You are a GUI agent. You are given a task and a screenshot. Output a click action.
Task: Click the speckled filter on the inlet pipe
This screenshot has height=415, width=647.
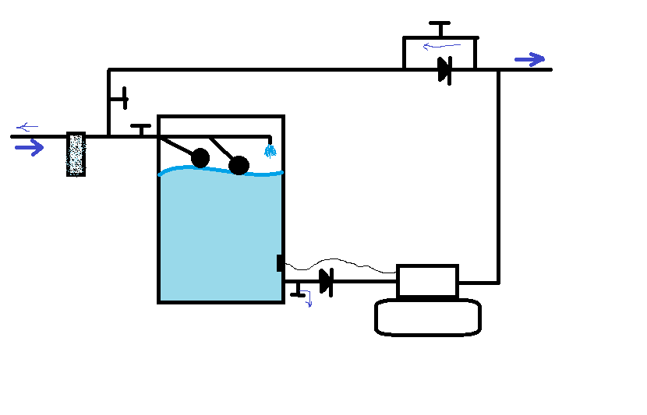click(x=76, y=154)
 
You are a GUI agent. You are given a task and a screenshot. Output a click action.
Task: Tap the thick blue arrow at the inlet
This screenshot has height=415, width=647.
click(x=30, y=148)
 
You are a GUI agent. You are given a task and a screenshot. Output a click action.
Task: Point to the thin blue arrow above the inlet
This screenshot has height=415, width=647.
click(x=27, y=127)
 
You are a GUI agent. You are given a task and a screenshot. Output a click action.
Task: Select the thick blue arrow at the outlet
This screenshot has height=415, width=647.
click(x=529, y=59)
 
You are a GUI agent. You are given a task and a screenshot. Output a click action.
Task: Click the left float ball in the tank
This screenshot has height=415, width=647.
click(x=200, y=158)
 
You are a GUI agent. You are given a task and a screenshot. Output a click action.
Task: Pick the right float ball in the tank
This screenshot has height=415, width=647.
click(x=239, y=165)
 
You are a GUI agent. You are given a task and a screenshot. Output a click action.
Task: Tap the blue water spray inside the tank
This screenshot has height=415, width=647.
click(x=270, y=150)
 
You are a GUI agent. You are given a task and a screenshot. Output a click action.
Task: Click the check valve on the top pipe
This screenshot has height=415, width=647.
click(x=444, y=70)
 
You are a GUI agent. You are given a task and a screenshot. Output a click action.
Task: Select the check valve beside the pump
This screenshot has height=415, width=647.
click(x=326, y=281)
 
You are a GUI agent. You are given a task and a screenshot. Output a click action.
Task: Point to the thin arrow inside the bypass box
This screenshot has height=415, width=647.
click(x=441, y=46)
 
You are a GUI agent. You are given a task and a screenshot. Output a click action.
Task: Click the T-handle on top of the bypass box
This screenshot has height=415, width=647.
click(x=440, y=28)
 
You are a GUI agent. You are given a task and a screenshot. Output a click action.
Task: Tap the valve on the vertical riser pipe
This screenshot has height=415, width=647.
click(x=119, y=99)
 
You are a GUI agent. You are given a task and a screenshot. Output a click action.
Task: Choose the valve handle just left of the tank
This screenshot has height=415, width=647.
click(x=140, y=128)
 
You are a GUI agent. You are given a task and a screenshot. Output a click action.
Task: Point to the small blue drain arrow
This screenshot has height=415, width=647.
click(x=309, y=299)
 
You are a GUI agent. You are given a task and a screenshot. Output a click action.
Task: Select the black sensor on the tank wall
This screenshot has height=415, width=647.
click(x=280, y=263)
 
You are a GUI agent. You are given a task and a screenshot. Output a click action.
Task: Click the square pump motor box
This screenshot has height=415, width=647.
click(x=427, y=281)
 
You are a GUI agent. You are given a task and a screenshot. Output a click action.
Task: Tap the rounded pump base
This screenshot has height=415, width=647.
click(x=427, y=318)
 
